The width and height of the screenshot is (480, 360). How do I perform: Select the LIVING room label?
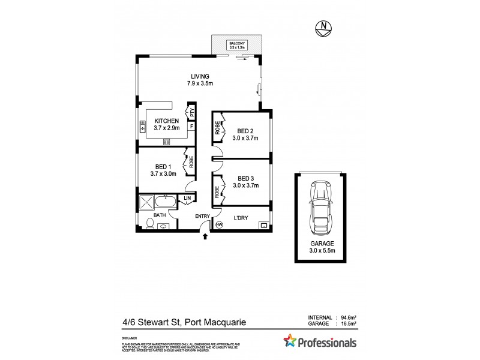(200, 76)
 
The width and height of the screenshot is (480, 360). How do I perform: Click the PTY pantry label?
(192, 112)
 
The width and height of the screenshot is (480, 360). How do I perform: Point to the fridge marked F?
(191, 127)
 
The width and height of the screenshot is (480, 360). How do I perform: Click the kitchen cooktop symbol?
(166, 142)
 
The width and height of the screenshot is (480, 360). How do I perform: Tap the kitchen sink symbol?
(143, 126)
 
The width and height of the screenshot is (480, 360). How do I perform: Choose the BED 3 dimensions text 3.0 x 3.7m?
(246, 185)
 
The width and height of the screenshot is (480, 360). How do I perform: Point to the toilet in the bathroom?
(151, 224)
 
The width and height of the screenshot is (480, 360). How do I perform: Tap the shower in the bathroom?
(147, 202)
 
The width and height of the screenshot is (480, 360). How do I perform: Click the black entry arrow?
(206, 238)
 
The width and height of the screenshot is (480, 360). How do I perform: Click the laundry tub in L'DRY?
(263, 226)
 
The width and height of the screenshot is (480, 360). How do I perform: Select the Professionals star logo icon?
(290, 343)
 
